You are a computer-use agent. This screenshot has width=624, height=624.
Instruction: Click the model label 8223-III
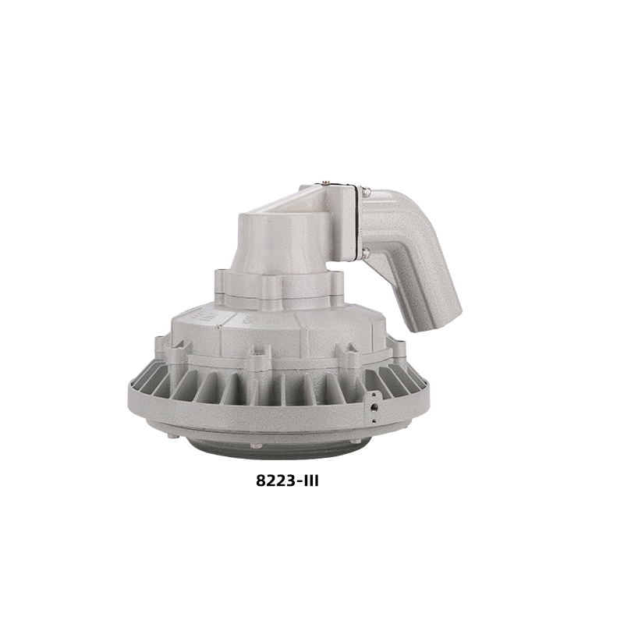pos(287,481)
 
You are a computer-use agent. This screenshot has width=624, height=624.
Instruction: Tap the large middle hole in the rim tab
pos(374,407)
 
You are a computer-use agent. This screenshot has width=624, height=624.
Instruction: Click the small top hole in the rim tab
pos(374,395)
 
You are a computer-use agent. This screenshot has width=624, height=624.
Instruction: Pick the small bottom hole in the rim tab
pos(374,421)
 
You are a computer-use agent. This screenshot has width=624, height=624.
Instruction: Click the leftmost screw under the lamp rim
pos(171,437)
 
